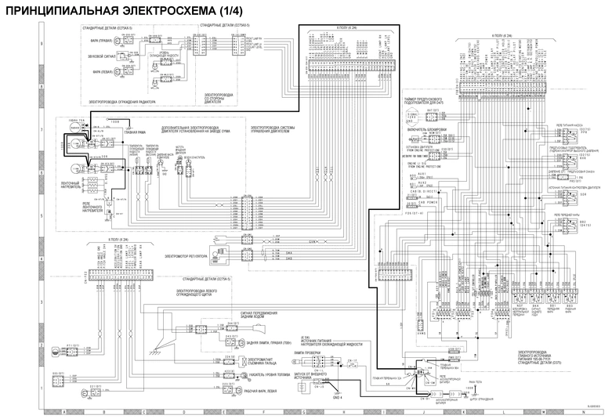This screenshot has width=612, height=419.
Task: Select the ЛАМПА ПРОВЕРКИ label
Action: (x=310, y=353)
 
